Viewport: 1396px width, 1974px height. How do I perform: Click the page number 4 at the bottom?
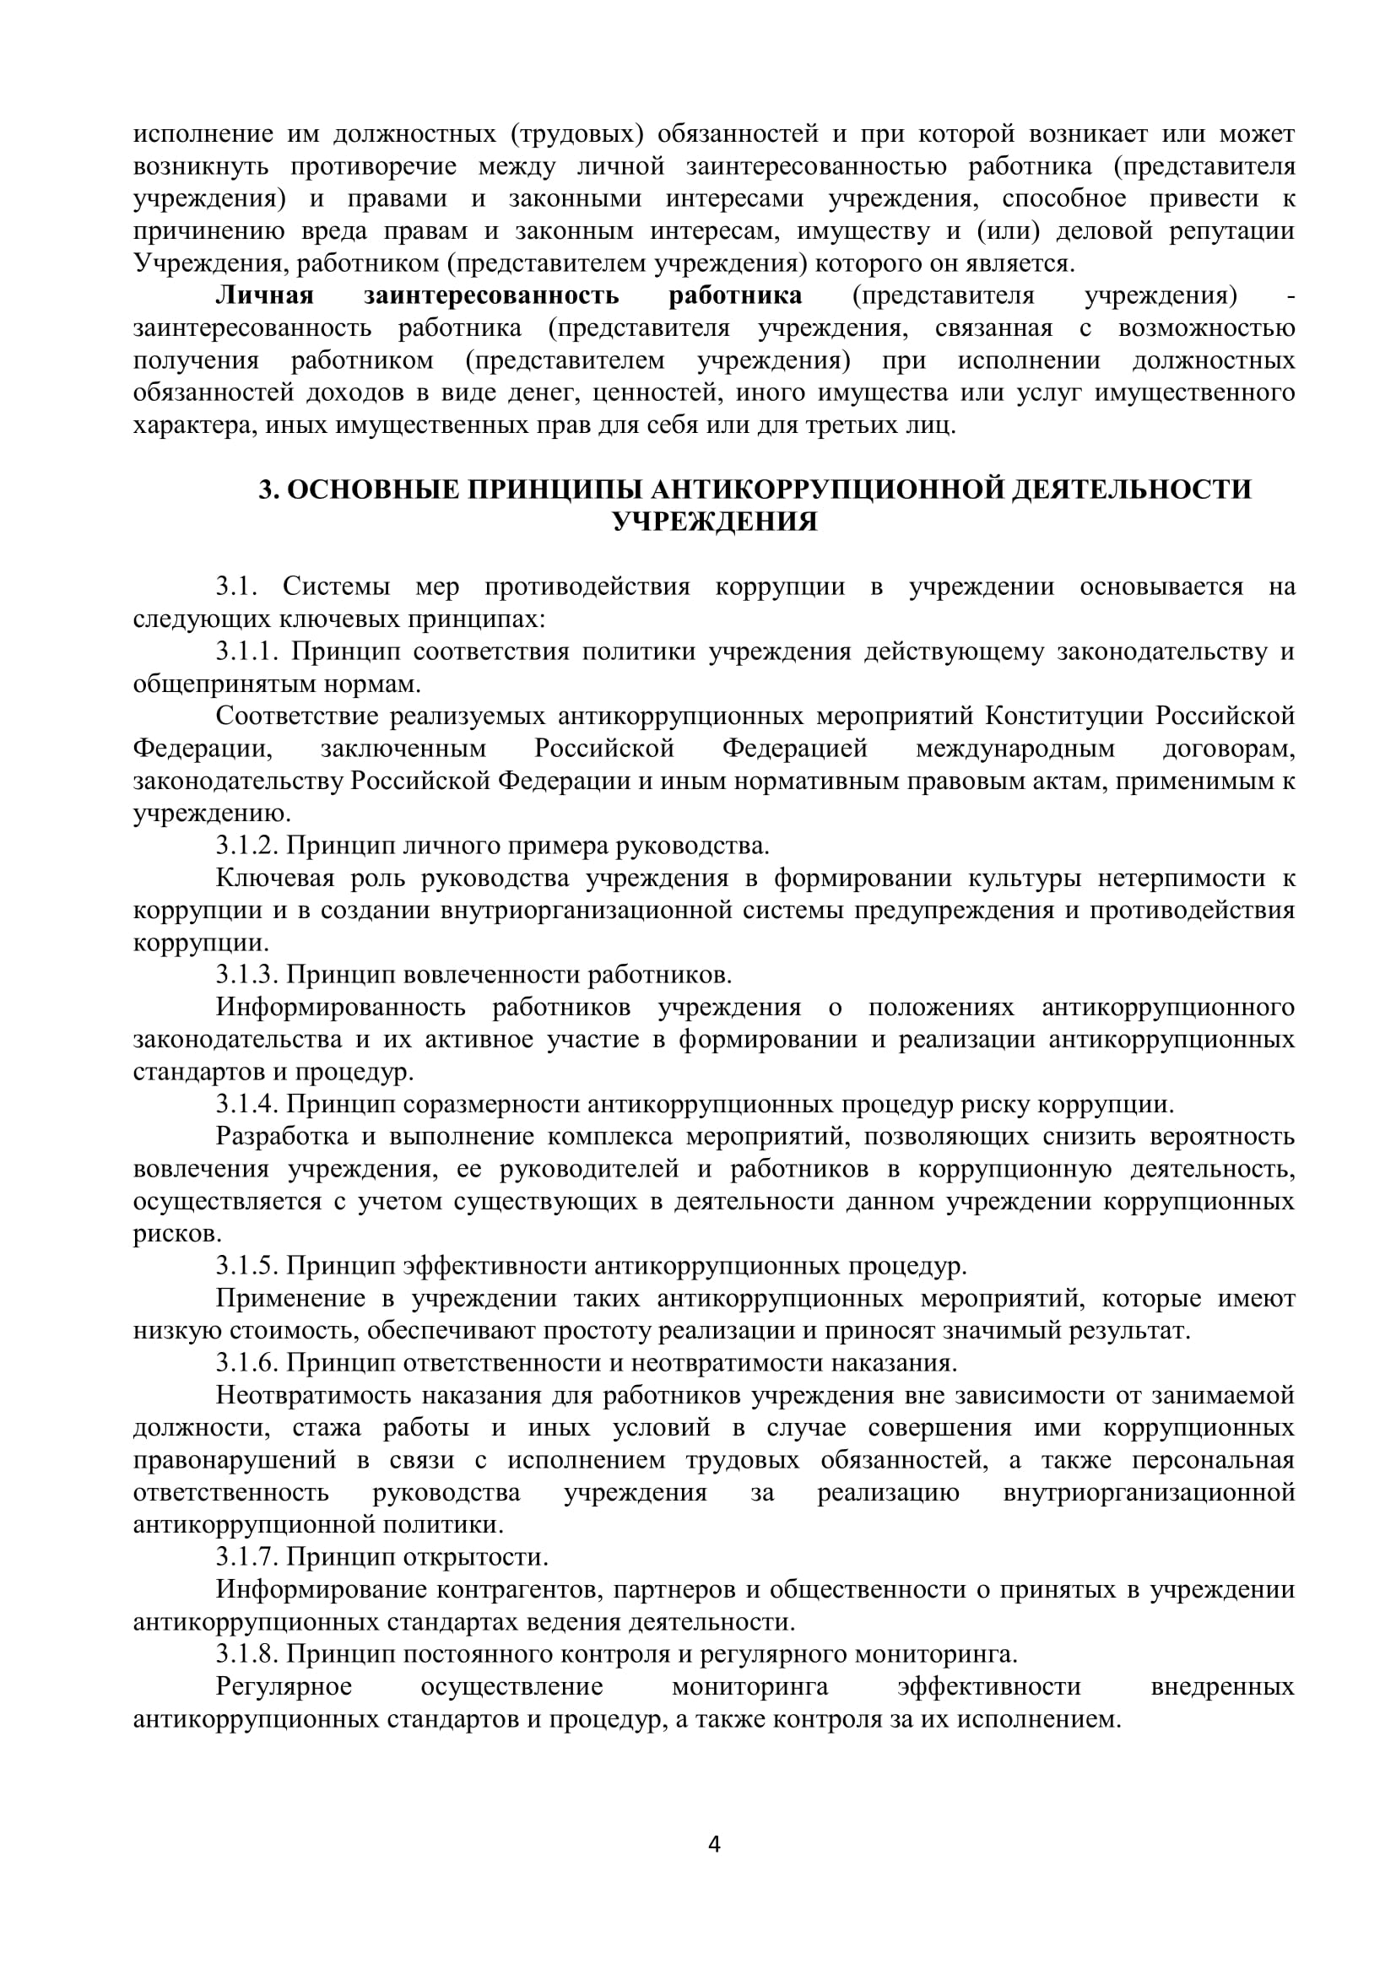[x=713, y=1844]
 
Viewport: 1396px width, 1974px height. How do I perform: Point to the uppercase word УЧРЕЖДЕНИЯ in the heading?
[x=714, y=522]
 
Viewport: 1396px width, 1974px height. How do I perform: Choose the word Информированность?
[x=341, y=1007]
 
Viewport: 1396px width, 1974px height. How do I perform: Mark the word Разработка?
[x=282, y=1137]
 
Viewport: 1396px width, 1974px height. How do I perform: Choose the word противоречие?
[x=375, y=166]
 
